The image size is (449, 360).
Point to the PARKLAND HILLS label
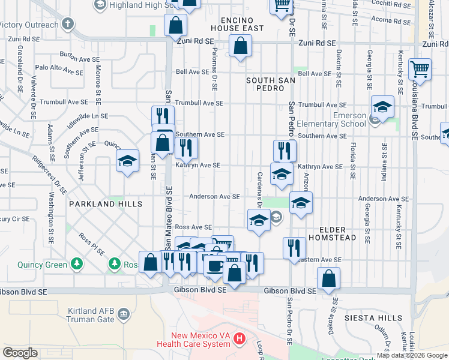(x=106, y=204)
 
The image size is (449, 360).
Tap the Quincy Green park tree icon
(x=76, y=263)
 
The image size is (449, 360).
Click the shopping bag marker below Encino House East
(x=240, y=46)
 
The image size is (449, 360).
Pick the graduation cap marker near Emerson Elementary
(x=382, y=107)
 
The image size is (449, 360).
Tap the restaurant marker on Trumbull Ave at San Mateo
(x=163, y=115)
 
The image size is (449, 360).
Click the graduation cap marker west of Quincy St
(x=127, y=161)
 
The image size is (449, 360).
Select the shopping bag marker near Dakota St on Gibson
(x=328, y=278)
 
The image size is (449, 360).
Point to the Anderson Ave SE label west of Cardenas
(x=214, y=196)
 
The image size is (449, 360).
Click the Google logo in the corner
(x=20, y=353)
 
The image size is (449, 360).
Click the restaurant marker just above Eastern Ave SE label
(x=294, y=248)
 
